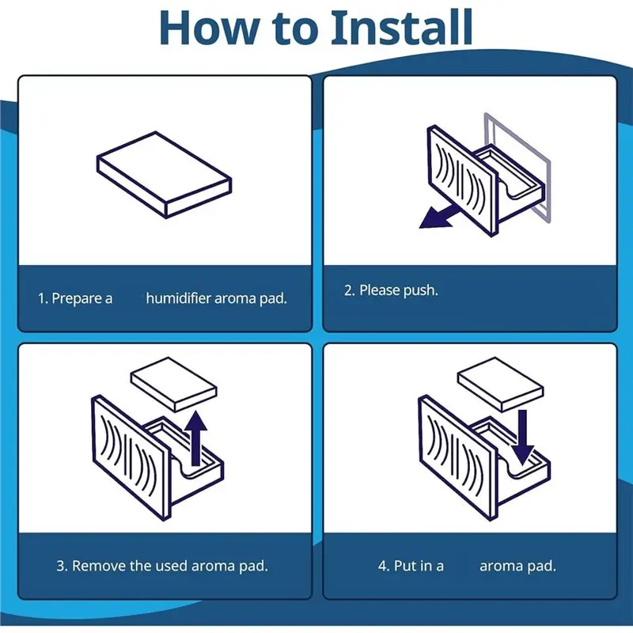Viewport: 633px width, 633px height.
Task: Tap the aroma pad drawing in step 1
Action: (x=165, y=175)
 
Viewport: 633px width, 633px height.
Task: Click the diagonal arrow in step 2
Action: (x=440, y=216)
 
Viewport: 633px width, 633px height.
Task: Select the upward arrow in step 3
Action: (x=196, y=438)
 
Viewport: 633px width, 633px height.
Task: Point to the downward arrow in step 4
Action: (x=523, y=438)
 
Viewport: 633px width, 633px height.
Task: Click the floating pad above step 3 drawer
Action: (x=174, y=384)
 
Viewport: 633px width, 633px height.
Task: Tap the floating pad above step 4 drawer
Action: (x=500, y=384)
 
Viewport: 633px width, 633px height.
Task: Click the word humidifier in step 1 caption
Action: (x=179, y=298)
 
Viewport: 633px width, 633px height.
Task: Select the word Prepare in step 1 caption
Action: (x=76, y=299)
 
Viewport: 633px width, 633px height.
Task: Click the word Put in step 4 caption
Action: (x=405, y=566)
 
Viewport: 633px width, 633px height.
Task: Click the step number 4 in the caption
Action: (x=382, y=566)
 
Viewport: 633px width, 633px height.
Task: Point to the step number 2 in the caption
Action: (x=349, y=290)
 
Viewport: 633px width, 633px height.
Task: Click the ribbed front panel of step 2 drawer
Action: (x=462, y=180)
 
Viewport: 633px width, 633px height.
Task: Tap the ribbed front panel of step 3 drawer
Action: (x=131, y=457)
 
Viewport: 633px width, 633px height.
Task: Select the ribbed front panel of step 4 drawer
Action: (x=457, y=457)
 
